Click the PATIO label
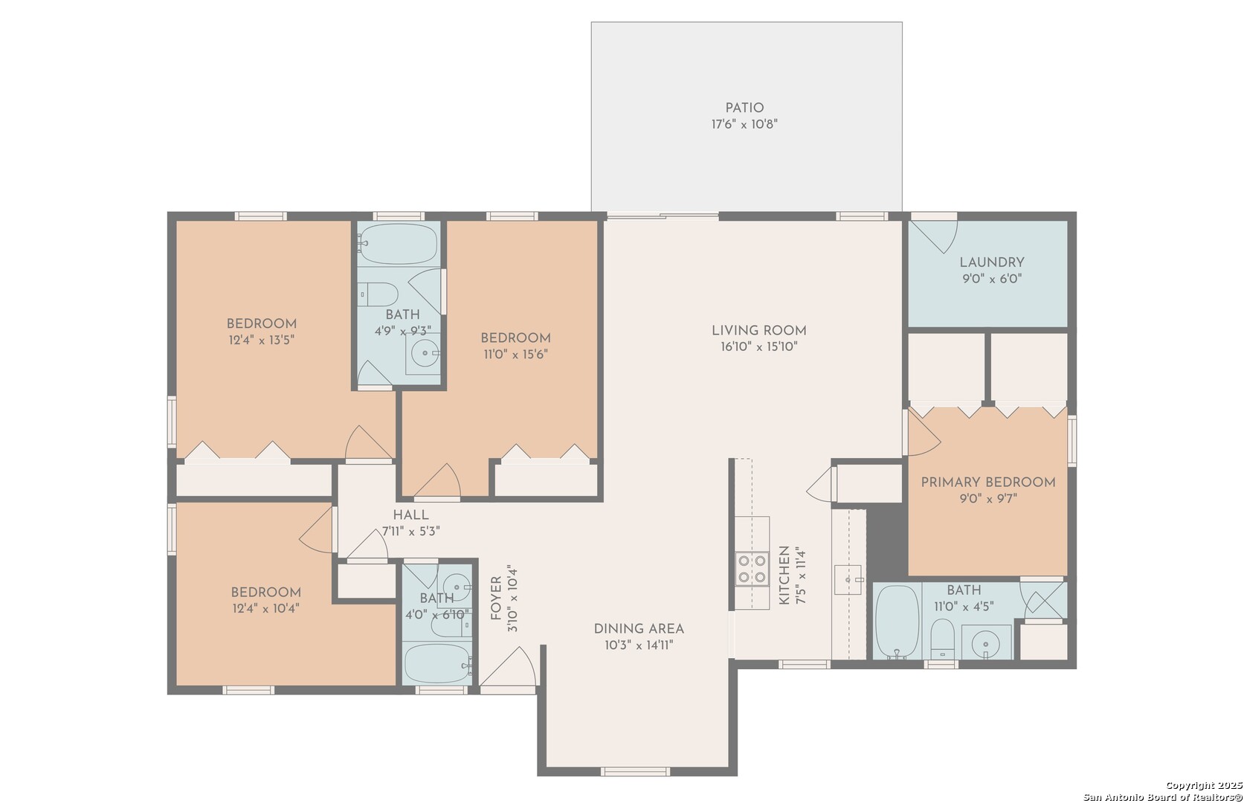click(x=744, y=109)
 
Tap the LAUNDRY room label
click(x=992, y=262)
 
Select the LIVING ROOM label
click(x=758, y=331)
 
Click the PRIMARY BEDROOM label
click(x=988, y=483)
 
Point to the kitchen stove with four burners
click(x=752, y=569)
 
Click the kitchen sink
click(x=848, y=580)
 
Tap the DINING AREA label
click(x=639, y=629)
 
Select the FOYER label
click(x=496, y=598)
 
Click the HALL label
click(x=410, y=515)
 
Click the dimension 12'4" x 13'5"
click(x=261, y=340)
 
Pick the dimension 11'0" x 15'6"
click(x=515, y=355)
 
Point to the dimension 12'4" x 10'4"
click(x=265, y=609)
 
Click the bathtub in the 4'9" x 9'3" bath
click(x=398, y=244)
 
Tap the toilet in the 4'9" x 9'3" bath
click(x=378, y=294)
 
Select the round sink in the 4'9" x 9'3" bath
click(x=425, y=353)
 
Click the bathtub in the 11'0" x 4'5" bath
click(x=897, y=622)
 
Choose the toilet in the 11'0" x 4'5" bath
click(x=942, y=639)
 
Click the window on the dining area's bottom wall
click(x=635, y=771)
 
